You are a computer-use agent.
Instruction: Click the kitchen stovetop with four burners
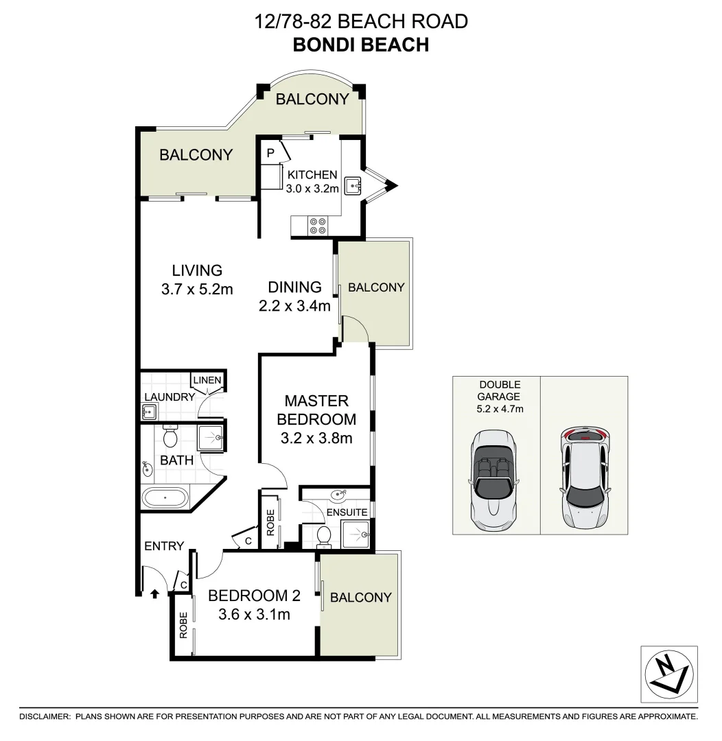pyautogui.click(x=318, y=226)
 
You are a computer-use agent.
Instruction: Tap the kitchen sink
pyautogui.click(x=353, y=185)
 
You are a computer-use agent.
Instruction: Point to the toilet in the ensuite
pyautogui.click(x=326, y=537)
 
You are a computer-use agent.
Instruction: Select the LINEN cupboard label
pyautogui.click(x=207, y=380)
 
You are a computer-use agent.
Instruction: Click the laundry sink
pyautogui.click(x=149, y=412)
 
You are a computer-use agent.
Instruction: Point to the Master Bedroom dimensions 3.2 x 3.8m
pyautogui.click(x=317, y=437)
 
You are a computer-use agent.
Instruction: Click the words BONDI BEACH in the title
pyautogui.click(x=360, y=45)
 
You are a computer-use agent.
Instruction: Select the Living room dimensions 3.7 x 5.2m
pyautogui.click(x=197, y=289)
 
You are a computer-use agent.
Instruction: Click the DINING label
pyautogui.click(x=294, y=287)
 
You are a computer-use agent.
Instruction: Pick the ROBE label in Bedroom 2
pyautogui.click(x=183, y=625)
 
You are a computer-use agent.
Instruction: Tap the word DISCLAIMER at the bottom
pyautogui.click(x=45, y=716)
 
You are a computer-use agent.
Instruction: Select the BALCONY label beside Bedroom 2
pyautogui.click(x=360, y=597)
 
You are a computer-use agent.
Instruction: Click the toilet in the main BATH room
pyautogui.click(x=170, y=436)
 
